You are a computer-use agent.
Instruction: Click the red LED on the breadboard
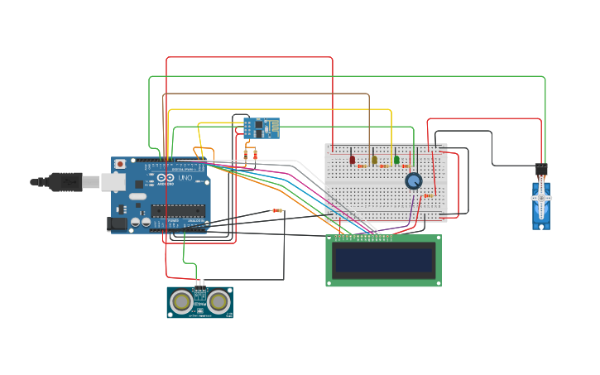pyautogui.click(x=352, y=159)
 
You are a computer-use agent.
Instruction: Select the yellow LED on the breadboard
pyautogui.click(x=374, y=160)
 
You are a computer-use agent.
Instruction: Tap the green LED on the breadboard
pyautogui.click(x=396, y=160)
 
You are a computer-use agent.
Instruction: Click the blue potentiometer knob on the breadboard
pyautogui.click(x=413, y=180)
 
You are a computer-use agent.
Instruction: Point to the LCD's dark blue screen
pyautogui.click(x=383, y=261)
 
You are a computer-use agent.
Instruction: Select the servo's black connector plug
pyautogui.click(x=541, y=169)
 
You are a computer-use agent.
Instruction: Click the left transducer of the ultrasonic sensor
pyautogui.click(x=181, y=302)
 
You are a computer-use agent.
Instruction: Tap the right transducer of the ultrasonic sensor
pyautogui.click(x=218, y=302)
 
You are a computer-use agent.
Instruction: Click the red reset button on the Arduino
pyautogui.click(x=121, y=165)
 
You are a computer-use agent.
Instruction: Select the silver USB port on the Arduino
pyautogui.click(x=112, y=181)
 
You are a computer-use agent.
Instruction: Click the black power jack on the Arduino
pyautogui.click(x=118, y=223)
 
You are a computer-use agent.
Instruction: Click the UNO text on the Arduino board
pyautogui.click(x=185, y=178)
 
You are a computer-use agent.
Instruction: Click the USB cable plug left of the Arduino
pyautogui.click(x=66, y=181)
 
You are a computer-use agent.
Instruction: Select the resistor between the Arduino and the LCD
pyautogui.click(x=276, y=211)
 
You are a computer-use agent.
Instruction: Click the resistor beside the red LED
pyautogui.click(x=362, y=166)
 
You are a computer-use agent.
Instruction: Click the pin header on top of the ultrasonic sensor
pyautogui.click(x=199, y=284)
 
